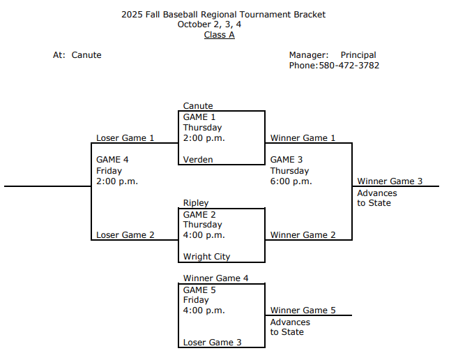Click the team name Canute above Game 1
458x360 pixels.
coord(198,106)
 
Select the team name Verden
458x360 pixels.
coord(198,160)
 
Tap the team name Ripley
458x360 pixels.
coord(196,203)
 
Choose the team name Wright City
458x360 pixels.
coord(206,257)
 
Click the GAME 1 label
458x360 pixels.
coord(199,117)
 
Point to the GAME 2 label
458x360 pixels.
coord(199,214)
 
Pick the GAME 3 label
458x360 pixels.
coord(287,160)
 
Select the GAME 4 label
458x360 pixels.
coord(112,160)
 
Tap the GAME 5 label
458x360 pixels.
coord(199,290)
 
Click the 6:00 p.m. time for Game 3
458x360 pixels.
coord(291,181)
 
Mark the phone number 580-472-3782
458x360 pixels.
coord(349,66)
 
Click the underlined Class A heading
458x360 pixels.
coord(219,35)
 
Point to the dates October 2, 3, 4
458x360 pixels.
coord(219,24)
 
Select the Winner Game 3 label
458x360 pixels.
coord(390,181)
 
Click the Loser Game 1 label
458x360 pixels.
coord(125,138)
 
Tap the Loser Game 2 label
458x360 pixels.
coord(125,235)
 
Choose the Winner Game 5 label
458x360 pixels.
coord(303,310)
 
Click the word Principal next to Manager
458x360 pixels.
coord(358,55)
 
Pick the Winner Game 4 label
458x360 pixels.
coord(215,278)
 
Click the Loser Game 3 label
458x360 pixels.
coord(213,343)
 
